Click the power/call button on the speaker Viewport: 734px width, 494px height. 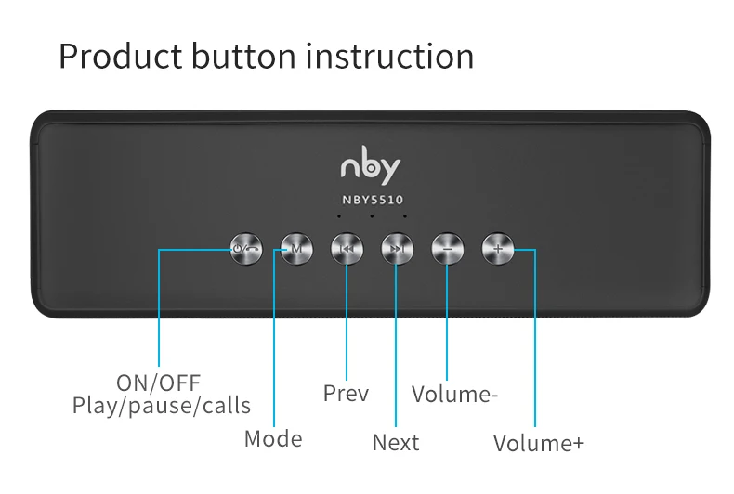[245, 248]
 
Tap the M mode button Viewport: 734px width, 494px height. [295, 248]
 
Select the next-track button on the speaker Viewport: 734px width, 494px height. [397, 248]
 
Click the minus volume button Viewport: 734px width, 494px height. [447, 248]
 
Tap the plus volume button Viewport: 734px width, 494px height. [497, 248]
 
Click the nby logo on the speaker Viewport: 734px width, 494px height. [370, 167]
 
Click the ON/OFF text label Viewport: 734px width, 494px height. [158, 383]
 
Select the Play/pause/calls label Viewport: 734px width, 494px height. [162, 406]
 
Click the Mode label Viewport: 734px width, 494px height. [273, 438]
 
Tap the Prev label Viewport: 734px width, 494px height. [346, 394]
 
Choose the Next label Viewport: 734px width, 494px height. [396, 443]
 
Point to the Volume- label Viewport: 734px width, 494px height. [455, 395]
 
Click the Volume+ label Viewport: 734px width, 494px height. [539, 443]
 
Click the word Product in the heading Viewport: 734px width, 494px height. [120, 57]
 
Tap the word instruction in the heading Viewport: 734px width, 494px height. [389, 57]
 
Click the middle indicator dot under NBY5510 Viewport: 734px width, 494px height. [372, 217]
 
